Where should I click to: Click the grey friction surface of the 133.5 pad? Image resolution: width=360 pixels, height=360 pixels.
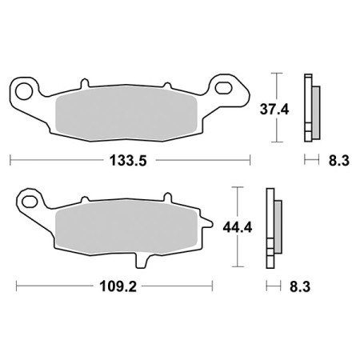[x=128, y=109]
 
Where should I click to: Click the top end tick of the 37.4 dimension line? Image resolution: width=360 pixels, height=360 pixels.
[x=277, y=74]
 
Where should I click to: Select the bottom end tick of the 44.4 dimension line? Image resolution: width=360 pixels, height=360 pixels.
[x=238, y=266]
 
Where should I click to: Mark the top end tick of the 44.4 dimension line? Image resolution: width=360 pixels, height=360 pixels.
[x=238, y=187]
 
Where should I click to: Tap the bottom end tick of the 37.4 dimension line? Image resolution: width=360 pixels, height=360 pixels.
[x=277, y=141]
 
